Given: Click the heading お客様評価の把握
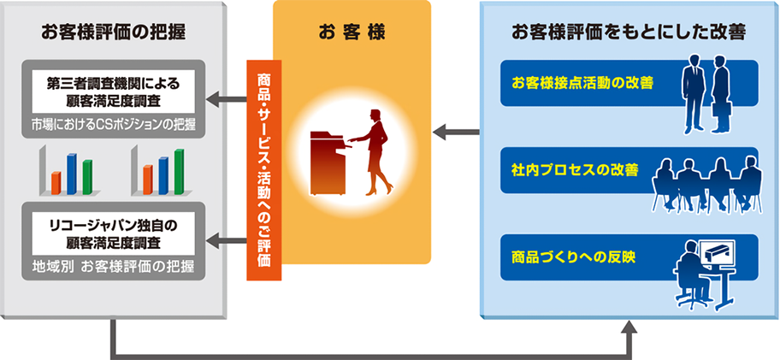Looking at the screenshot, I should point(113,33).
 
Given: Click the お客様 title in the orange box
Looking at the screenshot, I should point(352,33).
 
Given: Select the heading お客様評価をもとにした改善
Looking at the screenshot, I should point(629,33).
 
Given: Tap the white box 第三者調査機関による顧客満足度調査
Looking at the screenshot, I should point(114,91).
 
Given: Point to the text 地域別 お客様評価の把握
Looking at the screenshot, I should point(113,265).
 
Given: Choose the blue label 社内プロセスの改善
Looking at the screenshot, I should point(564,168).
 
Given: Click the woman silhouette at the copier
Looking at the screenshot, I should point(375,150).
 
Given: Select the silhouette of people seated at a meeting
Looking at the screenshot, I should point(706,180).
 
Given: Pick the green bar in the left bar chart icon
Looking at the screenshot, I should point(87,177).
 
